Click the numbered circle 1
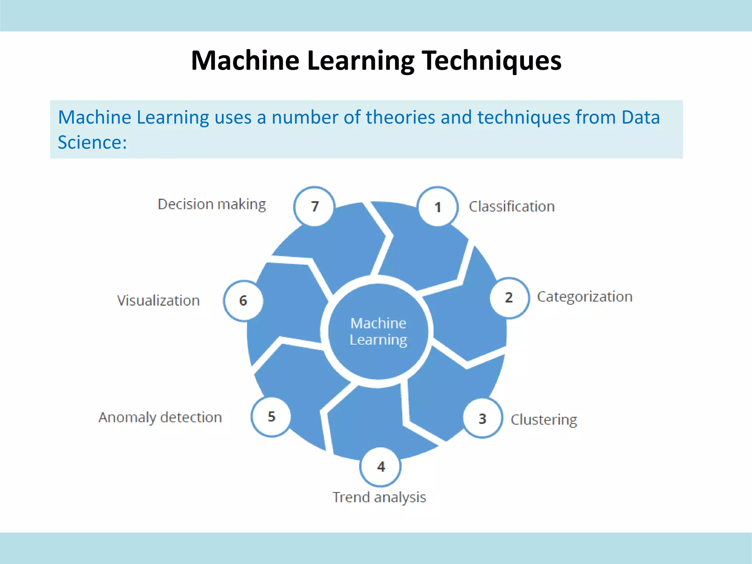(x=438, y=207)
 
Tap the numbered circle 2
(x=509, y=297)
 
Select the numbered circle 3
(x=482, y=418)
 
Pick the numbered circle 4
(x=381, y=467)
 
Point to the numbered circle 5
(x=271, y=417)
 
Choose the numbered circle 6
(x=243, y=301)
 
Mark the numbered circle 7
(x=314, y=206)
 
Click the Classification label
(x=511, y=207)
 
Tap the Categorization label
(x=585, y=297)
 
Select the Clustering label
(x=544, y=419)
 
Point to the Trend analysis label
(x=379, y=497)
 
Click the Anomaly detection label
(x=160, y=417)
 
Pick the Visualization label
(x=158, y=301)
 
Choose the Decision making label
(x=211, y=204)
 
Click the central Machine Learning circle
(x=378, y=332)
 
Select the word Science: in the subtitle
(x=92, y=142)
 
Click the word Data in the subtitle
(x=640, y=117)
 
